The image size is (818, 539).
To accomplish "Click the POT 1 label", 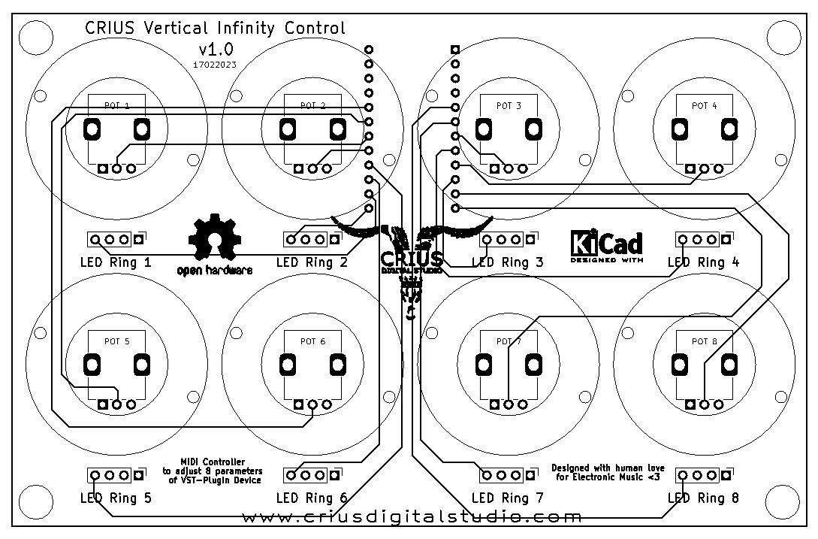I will tap(116, 106).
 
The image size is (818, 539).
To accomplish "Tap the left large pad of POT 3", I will tap(484, 130).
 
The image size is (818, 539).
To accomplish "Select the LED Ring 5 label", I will tap(116, 498).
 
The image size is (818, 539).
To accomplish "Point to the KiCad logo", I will tap(606, 244).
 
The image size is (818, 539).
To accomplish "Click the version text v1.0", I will tap(216, 50).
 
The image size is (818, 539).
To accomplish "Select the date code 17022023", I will tap(215, 65).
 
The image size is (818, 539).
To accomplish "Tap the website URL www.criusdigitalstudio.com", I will tap(412, 517).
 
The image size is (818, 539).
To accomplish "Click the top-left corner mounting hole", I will tap(34, 34).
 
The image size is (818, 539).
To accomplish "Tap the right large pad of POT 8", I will tap(729, 365).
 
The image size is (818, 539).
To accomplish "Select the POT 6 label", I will tap(312, 341).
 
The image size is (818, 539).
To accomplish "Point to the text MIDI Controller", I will tap(212, 462).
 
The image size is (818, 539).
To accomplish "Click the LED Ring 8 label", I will tap(703, 498).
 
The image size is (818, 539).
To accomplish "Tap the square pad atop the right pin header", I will tap(455, 50).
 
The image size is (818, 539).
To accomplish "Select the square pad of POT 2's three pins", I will tap(299, 168).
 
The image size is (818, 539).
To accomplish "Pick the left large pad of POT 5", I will tap(92, 365).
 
